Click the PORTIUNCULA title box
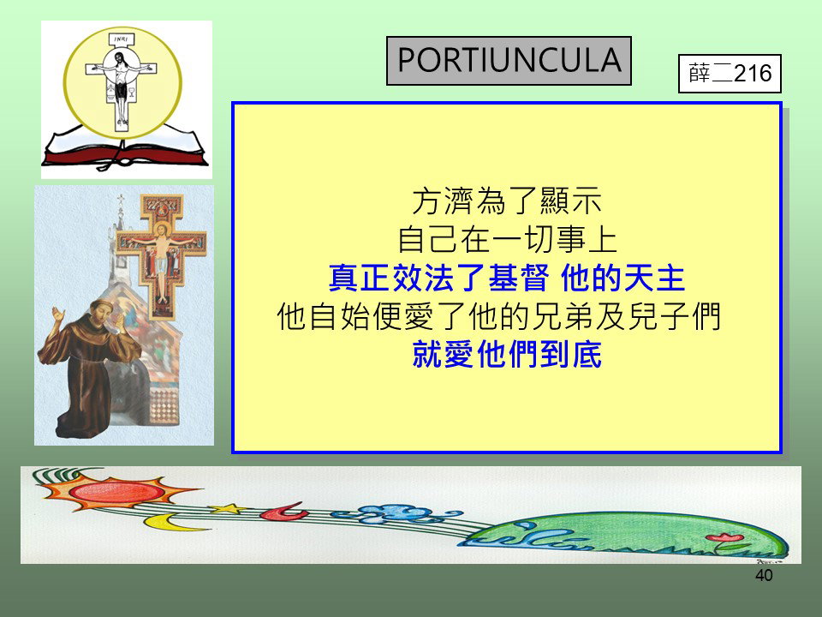coord(509,60)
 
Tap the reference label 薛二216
coord(730,74)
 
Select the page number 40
coord(764,576)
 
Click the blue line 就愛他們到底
coord(506,354)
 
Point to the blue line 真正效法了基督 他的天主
coord(506,278)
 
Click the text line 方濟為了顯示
coord(506,201)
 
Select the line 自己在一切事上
coord(506,240)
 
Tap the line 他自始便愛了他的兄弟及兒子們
coord(498,316)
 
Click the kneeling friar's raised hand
coord(57,315)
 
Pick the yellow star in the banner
coord(228,508)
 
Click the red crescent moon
coord(283,512)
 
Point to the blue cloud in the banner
coord(390,513)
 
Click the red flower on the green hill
coord(724,537)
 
